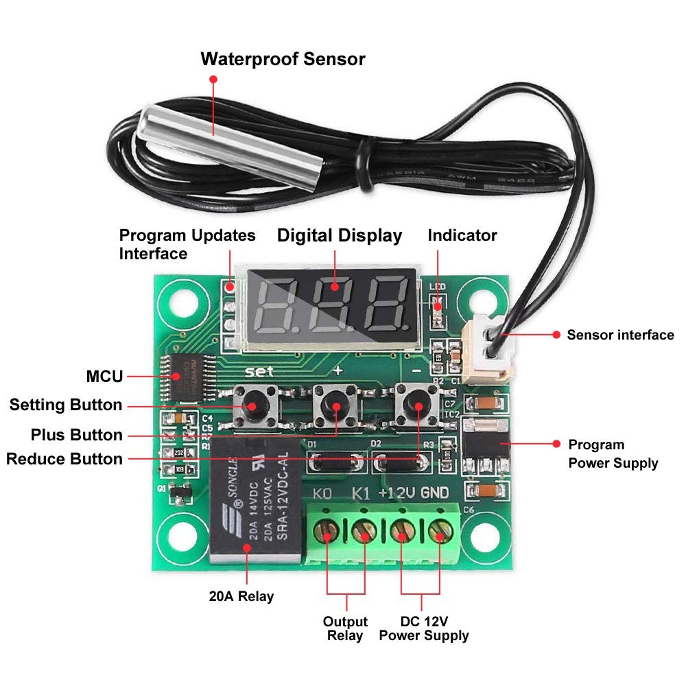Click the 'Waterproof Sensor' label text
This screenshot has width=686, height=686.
283,59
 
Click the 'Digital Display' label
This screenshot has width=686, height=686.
339,236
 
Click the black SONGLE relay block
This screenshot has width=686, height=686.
256,501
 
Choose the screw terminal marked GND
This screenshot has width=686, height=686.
438,531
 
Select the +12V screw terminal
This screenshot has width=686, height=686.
401,531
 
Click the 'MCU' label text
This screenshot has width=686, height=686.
105,377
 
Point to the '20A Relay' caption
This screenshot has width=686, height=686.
241,596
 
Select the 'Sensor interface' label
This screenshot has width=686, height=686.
620,335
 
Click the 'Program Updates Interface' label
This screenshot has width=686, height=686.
187,244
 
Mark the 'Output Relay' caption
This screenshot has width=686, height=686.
345,628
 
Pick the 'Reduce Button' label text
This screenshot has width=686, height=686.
64,459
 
